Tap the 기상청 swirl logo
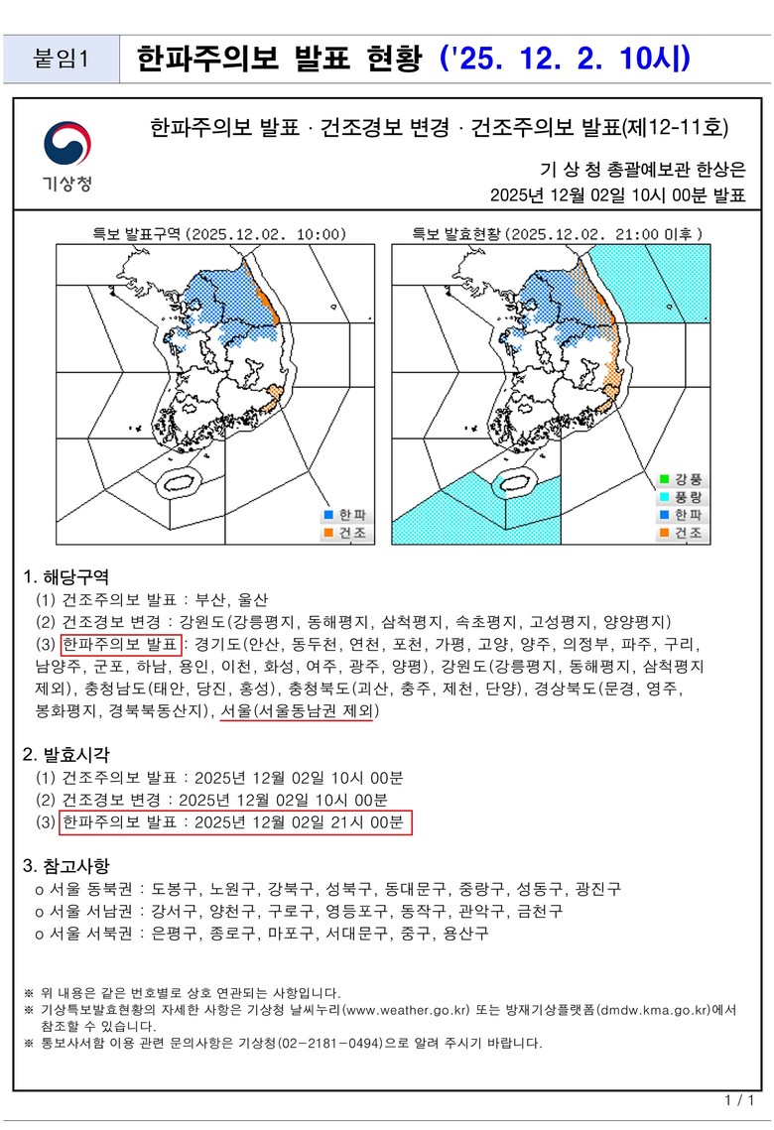[67, 145]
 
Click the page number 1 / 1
[739, 1101]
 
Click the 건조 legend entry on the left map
[344, 533]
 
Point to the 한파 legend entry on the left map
[344, 515]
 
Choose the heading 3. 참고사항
[65, 863]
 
